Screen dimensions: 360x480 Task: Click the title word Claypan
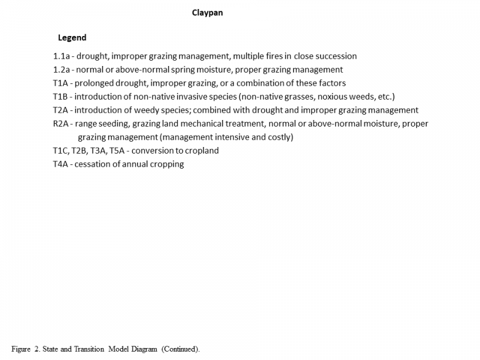click(207, 13)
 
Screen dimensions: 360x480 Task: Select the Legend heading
click(72, 38)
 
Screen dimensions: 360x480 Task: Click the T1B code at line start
click(61, 97)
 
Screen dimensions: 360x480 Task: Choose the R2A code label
click(61, 124)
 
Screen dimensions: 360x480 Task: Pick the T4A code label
click(61, 164)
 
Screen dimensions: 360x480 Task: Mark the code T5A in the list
click(119, 151)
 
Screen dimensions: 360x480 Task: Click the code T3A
click(98, 151)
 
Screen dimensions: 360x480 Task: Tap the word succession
click(334, 56)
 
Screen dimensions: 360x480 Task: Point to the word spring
click(191, 70)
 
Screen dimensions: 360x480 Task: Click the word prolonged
click(95, 83)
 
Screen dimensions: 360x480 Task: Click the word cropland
click(200, 151)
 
